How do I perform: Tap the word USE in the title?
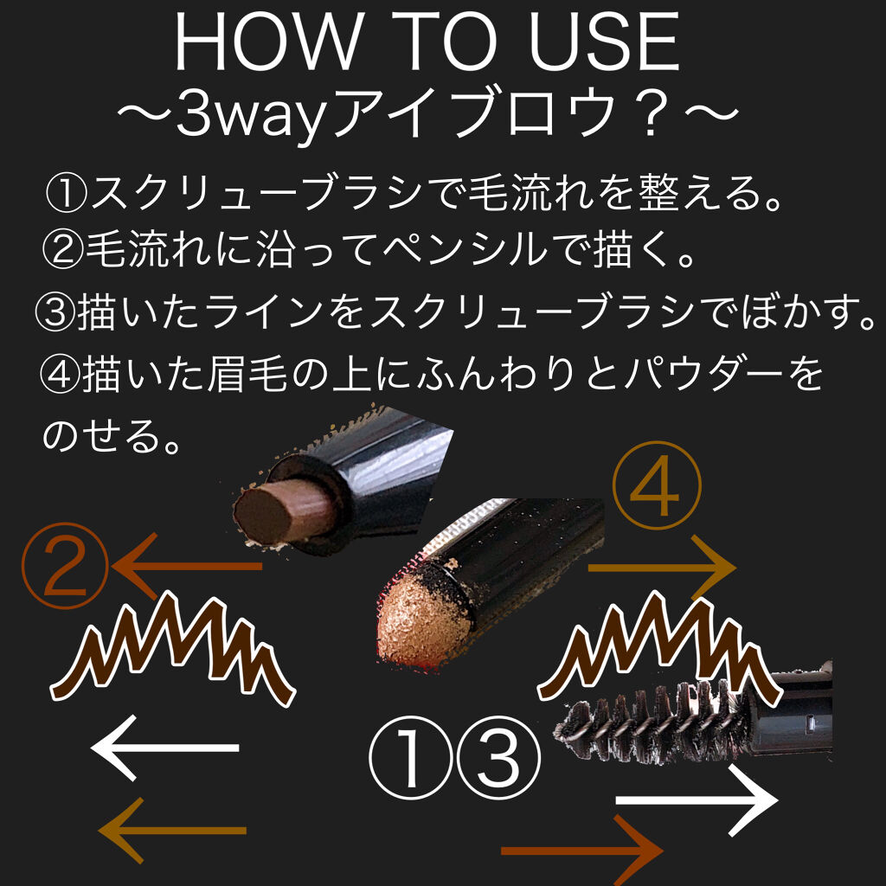pyautogui.click(x=604, y=42)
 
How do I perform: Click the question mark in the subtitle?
pyautogui.click(x=651, y=115)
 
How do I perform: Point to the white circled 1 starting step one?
pyautogui.click(x=67, y=193)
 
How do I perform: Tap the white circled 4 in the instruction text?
pyautogui.click(x=60, y=374)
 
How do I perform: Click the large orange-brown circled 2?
pyautogui.click(x=65, y=565)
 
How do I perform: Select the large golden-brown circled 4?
pyautogui.click(x=656, y=485)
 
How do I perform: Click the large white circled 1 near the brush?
pyautogui.click(x=411, y=757)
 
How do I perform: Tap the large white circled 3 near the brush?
pyautogui.click(x=498, y=757)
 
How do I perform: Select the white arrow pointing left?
pyautogui.click(x=164, y=748)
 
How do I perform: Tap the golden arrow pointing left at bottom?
pyautogui.click(x=172, y=831)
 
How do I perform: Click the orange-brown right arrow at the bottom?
pyautogui.click(x=582, y=851)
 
